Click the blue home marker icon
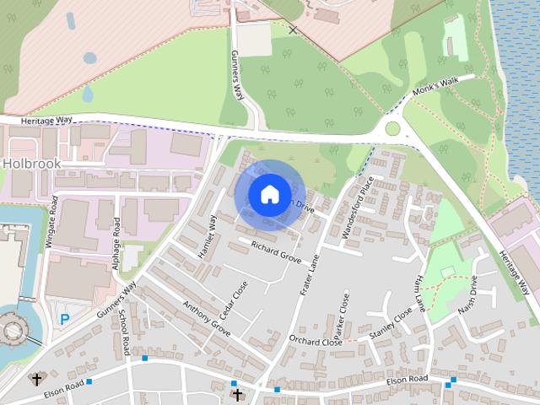point(269,193)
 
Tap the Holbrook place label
point(30,162)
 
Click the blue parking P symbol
point(64,320)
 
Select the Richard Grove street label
point(276,251)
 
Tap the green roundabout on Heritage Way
point(392,129)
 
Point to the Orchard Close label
point(314,342)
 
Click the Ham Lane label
point(419,294)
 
